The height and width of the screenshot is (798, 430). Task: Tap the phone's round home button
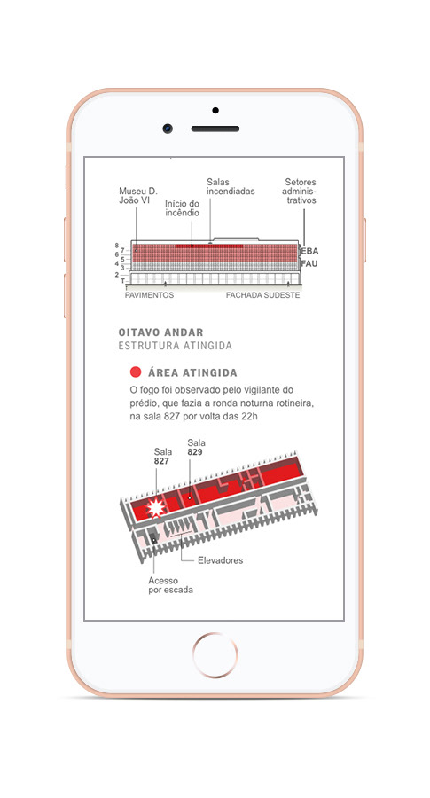(x=215, y=655)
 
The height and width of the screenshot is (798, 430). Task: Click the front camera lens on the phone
(x=168, y=129)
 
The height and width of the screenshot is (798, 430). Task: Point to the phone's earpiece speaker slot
(x=215, y=129)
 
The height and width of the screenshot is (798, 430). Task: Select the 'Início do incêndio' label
(x=182, y=208)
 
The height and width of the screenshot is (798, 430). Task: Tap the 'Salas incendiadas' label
(x=231, y=187)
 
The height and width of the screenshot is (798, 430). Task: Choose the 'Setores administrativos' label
(x=301, y=191)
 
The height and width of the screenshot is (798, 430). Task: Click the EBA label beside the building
(x=309, y=252)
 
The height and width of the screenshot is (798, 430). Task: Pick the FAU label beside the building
(x=309, y=263)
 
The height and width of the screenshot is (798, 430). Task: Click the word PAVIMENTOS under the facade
(x=149, y=295)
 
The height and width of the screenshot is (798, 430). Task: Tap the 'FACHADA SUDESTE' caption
(x=263, y=295)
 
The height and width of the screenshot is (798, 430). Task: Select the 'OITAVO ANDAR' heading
(x=160, y=332)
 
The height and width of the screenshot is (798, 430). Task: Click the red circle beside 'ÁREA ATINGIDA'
(x=136, y=372)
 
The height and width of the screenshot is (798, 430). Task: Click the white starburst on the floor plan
(x=156, y=508)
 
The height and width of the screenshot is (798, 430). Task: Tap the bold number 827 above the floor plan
(x=161, y=462)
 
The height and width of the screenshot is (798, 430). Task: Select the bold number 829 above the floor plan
(x=195, y=452)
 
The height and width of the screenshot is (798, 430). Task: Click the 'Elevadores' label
(x=221, y=560)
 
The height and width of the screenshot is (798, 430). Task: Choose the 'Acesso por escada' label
(x=170, y=585)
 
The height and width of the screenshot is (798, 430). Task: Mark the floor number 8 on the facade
(x=116, y=246)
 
